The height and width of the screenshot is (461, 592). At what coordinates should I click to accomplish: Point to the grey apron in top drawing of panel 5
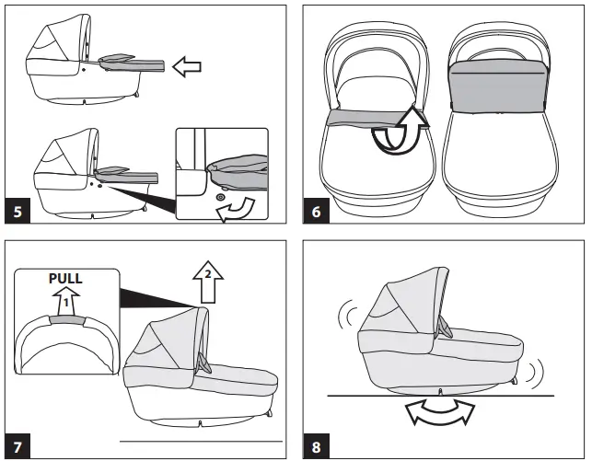click(133, 64)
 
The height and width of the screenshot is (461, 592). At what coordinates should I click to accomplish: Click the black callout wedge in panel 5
click(143, 190)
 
